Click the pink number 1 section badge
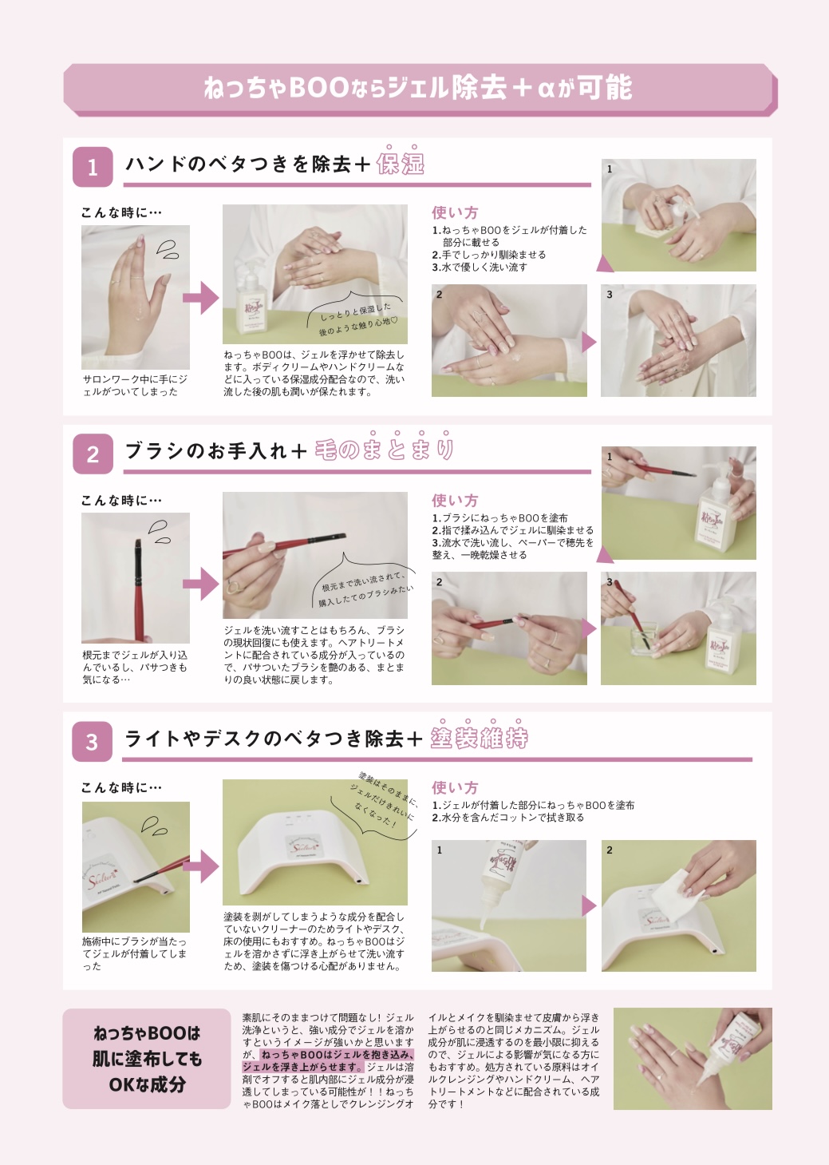[93, 167]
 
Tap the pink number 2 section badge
[93, 454]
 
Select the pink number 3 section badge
[92, 742]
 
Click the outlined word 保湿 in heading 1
[401, 164]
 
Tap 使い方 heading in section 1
[455, 212]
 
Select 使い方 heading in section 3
[455, 787]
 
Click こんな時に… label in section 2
[121, 501]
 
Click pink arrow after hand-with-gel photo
[200, 298]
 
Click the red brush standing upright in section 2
[138, 590]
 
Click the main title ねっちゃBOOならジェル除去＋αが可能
[418, 87]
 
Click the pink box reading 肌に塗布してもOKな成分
[147, 1058]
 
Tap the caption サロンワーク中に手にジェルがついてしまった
[135, 386]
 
